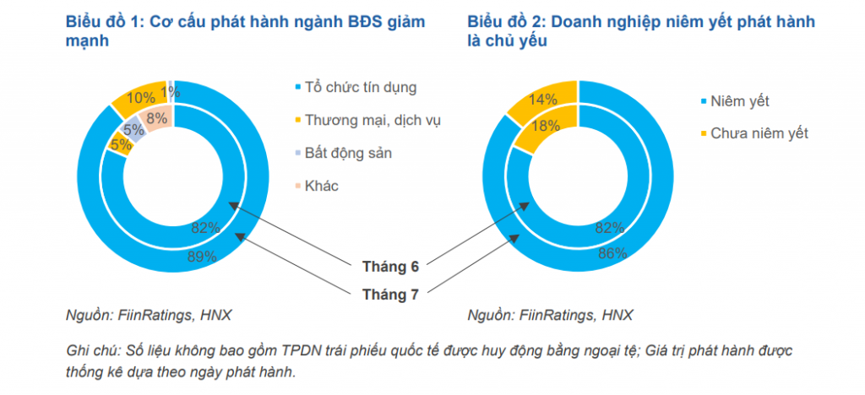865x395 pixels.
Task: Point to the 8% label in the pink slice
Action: (x=157, y=118)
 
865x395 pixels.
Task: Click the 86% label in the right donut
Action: (x=612, y=252)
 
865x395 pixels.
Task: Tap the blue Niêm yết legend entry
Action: (x=740, y=101)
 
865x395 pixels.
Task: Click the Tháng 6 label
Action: (x=390, y=267)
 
